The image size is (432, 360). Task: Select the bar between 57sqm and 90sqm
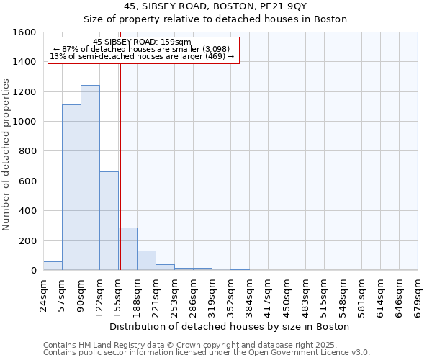pos(71,187)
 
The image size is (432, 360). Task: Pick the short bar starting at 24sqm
pos(53,266)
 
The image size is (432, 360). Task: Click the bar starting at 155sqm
pos(127,249)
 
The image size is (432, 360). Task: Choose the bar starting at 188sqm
pos(146,261)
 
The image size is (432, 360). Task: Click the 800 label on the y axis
pos(27,151)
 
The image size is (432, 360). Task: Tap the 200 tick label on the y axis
pos(27,240)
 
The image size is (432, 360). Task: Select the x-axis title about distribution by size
pos(230,326)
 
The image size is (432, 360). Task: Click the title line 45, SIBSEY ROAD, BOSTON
pos(215,6)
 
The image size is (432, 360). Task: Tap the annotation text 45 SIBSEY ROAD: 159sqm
pos(143,42)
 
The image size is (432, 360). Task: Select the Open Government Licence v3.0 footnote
pos(207,353)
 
